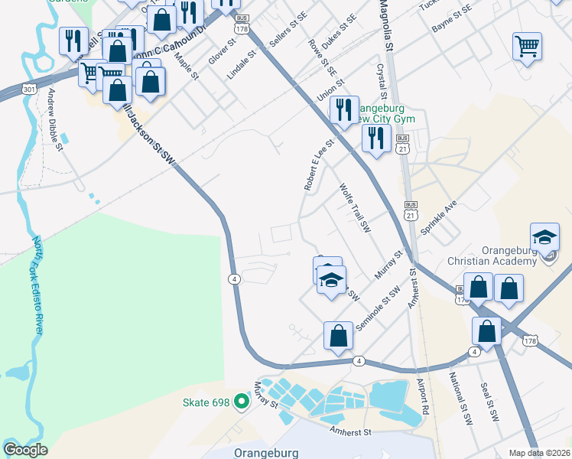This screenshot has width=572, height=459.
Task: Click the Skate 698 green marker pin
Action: [x=242, y=401]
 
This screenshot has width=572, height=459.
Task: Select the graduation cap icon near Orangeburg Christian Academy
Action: [x=544, y=237]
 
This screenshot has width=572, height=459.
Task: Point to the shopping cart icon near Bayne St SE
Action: [x=527, y=47]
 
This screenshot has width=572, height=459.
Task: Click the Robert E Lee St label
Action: [x=319, y=164]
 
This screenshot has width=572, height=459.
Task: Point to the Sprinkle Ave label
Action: [x=444, y=220]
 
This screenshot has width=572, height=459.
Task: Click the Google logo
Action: [x=25, y=450]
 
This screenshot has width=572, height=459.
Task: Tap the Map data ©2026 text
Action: [x=538, y=453]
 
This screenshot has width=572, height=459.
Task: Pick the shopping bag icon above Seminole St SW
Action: [x=338, y=335]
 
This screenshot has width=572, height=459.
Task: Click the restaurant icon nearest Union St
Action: [x=345, y=110]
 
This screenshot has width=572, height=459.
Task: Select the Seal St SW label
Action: [x=489, y=403]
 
